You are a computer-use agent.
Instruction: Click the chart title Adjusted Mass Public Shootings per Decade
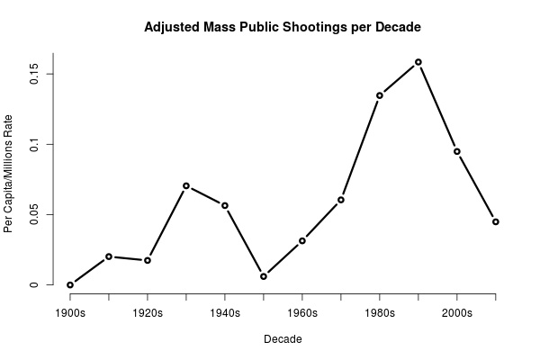283,27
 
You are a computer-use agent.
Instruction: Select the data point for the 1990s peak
418,62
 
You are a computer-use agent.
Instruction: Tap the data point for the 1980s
380,95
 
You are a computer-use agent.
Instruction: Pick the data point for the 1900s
70,284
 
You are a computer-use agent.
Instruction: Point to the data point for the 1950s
264,276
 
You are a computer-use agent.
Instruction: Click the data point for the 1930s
186,185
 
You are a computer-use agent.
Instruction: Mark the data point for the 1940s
225,205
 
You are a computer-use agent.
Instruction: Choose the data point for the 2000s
457,151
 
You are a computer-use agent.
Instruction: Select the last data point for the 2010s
496,221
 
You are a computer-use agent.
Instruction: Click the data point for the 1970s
341,200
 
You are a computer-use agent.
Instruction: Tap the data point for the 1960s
302,240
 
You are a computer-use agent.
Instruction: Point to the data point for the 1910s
109,256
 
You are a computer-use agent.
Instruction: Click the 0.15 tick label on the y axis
33,73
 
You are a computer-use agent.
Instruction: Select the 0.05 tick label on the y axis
33,214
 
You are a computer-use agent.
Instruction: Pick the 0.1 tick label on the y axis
33,144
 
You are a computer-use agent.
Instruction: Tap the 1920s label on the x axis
148,313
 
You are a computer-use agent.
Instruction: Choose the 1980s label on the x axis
380,313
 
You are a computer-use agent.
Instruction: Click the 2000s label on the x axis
457,313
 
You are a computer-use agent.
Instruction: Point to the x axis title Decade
283,339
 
